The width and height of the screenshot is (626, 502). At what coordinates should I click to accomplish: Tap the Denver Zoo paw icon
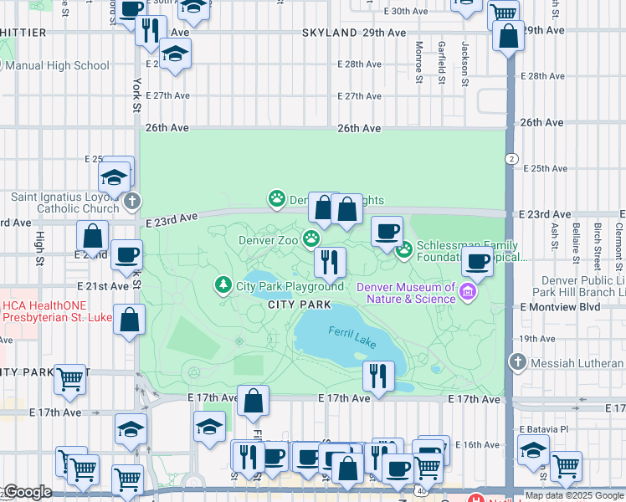tap(311, 239)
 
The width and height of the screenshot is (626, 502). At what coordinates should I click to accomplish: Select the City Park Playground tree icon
tap(223, 285)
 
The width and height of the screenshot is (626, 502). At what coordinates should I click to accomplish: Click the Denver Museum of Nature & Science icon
tap(469, 292)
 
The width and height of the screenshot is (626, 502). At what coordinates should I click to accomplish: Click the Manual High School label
tap(57, 65)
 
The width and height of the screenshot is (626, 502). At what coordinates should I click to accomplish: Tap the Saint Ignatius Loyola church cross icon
tap(132, 201)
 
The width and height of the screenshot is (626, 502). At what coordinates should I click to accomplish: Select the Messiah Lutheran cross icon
tap(518, 362)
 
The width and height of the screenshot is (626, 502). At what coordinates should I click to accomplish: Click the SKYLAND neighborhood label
tap(331, 32)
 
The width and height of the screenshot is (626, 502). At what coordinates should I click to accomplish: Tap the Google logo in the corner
tap(27, 492)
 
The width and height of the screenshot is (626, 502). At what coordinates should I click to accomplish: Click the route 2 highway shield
tap(511, 159)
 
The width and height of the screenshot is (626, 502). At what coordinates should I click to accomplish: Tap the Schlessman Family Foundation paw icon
tap(404, 249)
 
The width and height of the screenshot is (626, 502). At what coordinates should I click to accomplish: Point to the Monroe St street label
tap(418, 63)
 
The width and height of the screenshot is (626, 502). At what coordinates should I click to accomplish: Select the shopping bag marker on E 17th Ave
tap(253, 402)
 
